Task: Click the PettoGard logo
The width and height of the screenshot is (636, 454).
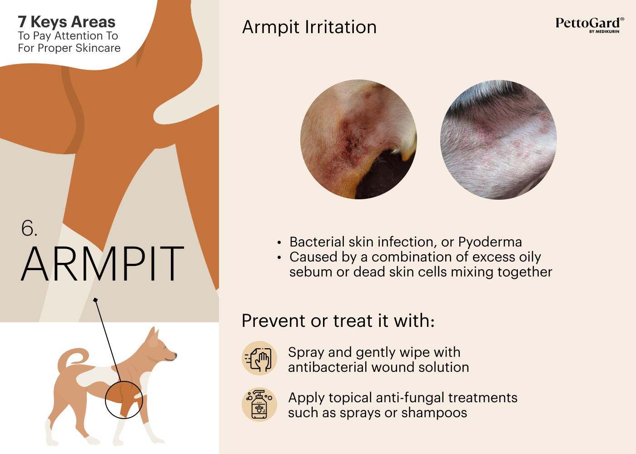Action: click(x=590, y=25)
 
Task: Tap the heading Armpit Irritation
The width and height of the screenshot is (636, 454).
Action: click(x=309, y=27)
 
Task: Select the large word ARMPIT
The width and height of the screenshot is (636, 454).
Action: click(x=103, y=264)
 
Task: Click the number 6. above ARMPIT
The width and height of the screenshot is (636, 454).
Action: click(x=29, y=228)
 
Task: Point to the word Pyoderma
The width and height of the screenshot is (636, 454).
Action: click(x=490, y=242)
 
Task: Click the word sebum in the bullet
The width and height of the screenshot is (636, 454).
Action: click(x=311, y=272)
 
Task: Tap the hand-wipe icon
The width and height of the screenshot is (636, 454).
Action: click(x=259, y=358)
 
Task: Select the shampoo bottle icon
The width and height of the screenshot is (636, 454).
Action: click(x=259, y=405)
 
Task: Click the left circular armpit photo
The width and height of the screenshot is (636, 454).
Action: click(x=358, y=139)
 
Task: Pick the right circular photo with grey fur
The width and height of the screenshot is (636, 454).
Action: click(x=498, y=140)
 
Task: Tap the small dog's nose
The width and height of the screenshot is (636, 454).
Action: click(x=175, y=355)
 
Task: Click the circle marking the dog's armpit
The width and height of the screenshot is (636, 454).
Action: click(x=105, y=400)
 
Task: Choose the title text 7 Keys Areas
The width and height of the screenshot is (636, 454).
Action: click(x=66, y=22)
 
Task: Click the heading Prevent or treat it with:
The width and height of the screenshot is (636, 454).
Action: click(x=338, y=321)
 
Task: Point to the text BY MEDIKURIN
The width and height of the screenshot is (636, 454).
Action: click(x=604, y=31)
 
